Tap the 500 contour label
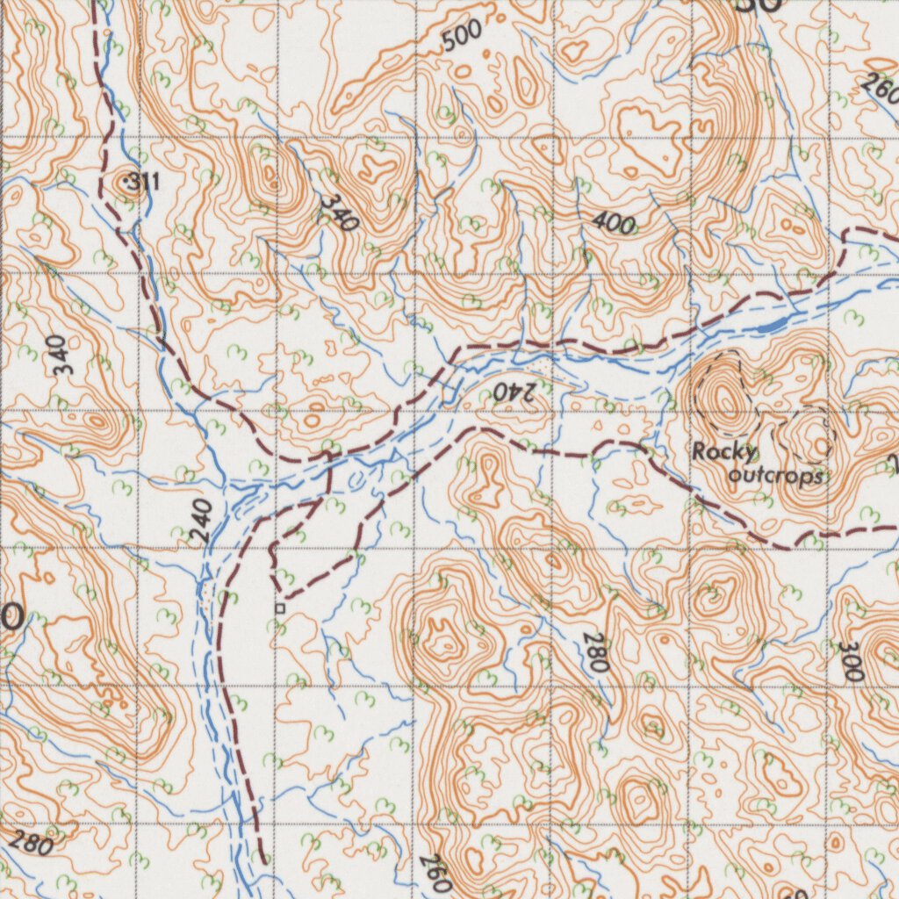(462, 36)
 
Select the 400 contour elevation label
(613, 223)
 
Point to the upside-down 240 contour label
(513, 392)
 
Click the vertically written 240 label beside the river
(202, 520)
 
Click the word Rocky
(723, 453)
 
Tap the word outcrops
(776, 476)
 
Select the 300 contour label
(850, 660)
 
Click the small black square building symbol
(280, 608)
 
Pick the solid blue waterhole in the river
(769, 327)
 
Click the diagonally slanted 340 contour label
(339, 212)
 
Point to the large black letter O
(11, 617)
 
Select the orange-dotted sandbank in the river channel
(206, 599)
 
